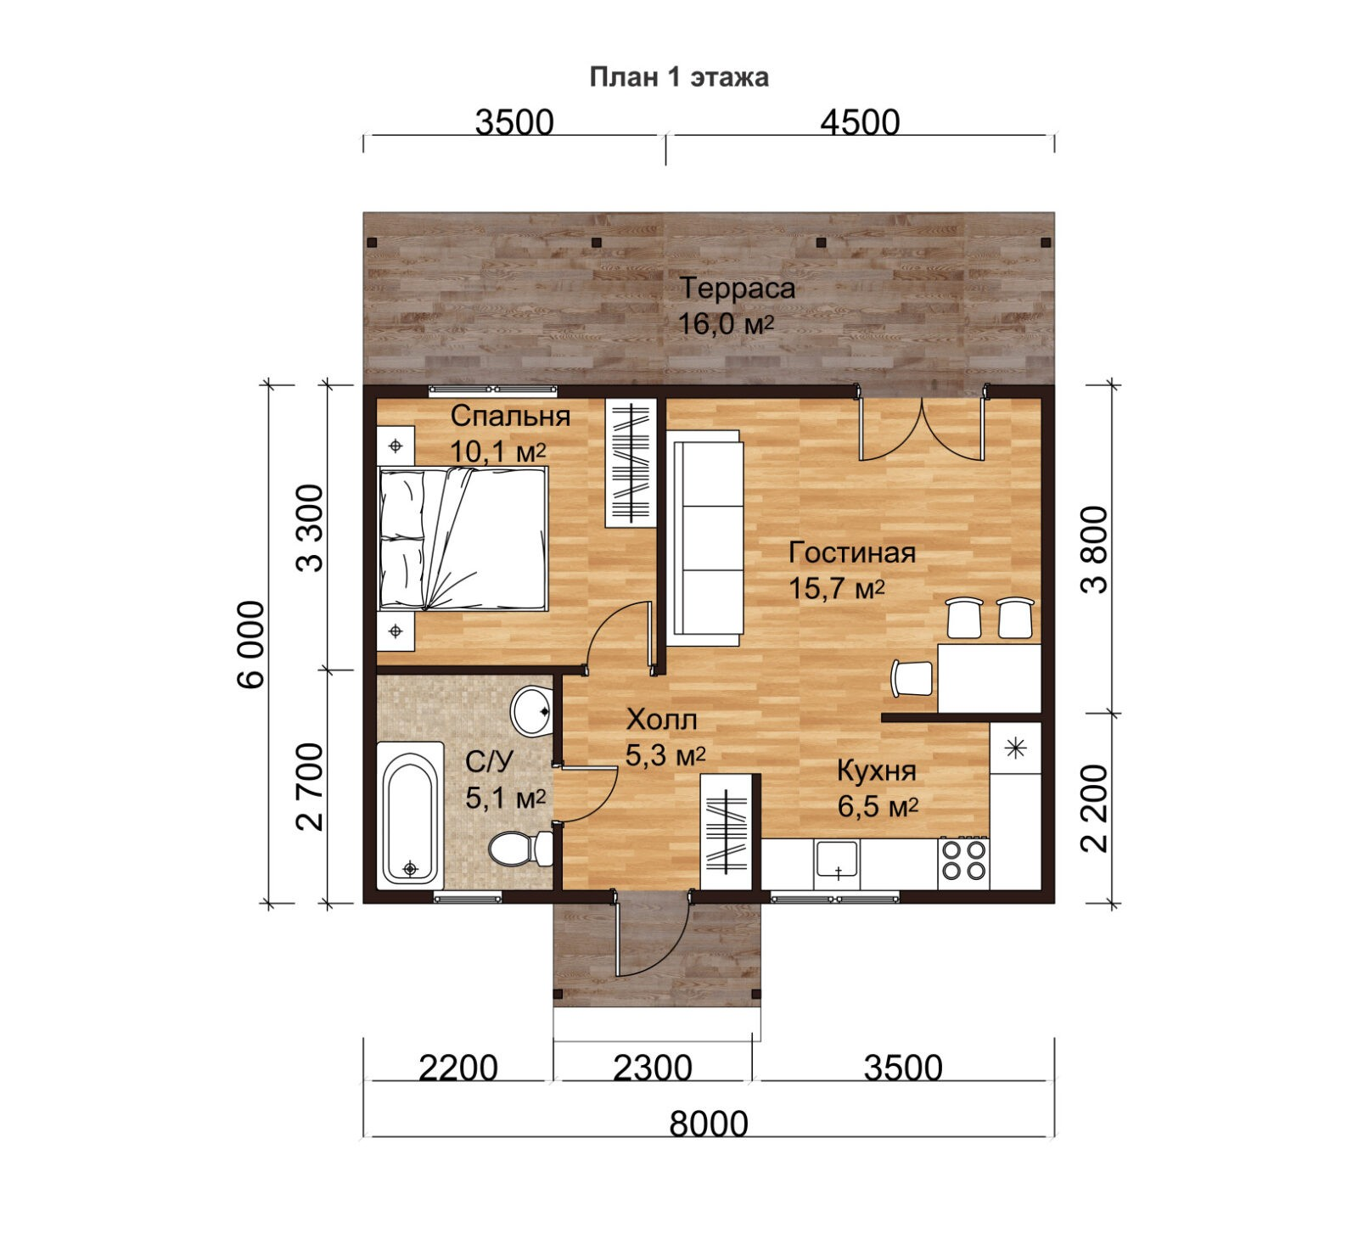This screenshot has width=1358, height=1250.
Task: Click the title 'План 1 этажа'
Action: (x=679, y=77)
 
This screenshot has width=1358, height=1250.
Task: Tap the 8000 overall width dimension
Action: (x=709, y=1124)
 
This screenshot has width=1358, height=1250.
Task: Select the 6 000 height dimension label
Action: (x=252, y=644)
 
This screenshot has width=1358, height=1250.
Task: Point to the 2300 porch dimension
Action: (x=653, y=1068)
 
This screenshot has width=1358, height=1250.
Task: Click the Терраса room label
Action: (x=738, y=289)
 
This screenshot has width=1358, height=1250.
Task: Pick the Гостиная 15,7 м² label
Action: (x=852, y=569)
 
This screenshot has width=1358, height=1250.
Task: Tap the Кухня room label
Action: (x=877, y=771)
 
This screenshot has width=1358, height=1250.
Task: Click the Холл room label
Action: (x=662, y=720)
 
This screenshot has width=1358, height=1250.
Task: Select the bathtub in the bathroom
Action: (x=410, y=814)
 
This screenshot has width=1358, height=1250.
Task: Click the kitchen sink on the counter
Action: (x=838, y=861)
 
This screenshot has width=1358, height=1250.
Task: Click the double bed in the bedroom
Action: (x=462, y=538)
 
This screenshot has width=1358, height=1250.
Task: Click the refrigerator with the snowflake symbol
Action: (x=1016, y=748)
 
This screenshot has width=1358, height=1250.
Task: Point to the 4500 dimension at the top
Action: (x=860, y=122)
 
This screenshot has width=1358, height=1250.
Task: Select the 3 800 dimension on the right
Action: (x=1096, y=549)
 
